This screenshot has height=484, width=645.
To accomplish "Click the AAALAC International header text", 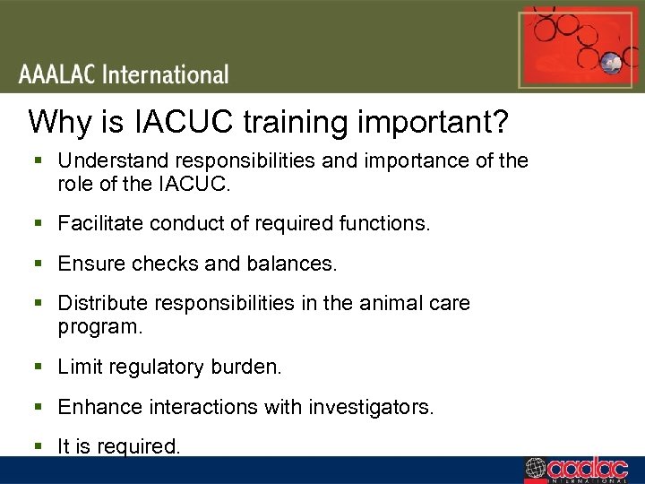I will tap(124, 74).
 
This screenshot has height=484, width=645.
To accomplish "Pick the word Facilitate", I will tap(96, 223).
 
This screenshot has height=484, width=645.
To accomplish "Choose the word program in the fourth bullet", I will tap(99, 327).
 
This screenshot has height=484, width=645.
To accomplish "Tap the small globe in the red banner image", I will tap(612, 64).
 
